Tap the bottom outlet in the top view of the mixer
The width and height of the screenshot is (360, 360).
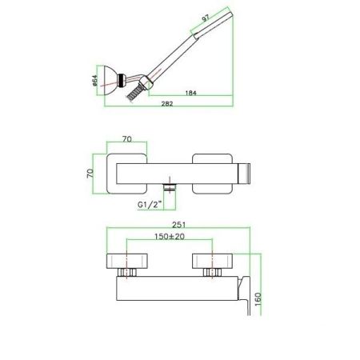pyautogui.click(x=170, y=187)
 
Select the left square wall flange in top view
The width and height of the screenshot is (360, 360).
pyautogui.click(x=130, y=170)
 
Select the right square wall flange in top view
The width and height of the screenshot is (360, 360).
pyautogui.click(x=210, y=170)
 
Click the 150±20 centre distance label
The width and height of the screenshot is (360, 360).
pyautogui.click(x=169, y=238)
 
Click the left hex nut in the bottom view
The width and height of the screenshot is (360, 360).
pyautogui.click(x=129, y=274)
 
